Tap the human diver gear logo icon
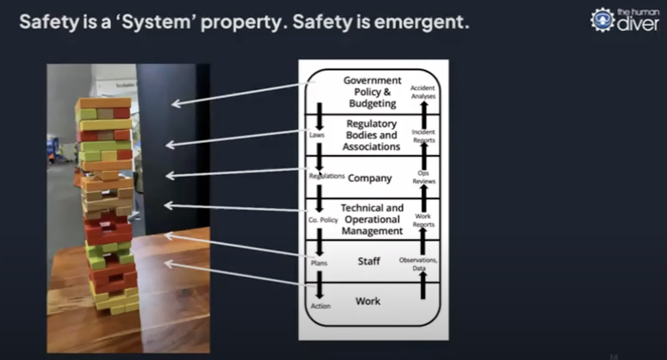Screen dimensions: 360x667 pyautogui.click(x=602, y=20)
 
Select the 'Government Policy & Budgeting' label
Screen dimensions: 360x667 pyautogui.click(x=372, y=92)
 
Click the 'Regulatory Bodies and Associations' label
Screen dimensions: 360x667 pyautogui.click(x=371, y=135)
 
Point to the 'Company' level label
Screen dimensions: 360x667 pyautogui.click(x=370, y=178)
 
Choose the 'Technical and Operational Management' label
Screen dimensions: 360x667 pyautogui.click(x=372, y=219)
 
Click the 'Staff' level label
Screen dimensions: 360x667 pyautogui.click(x=369, y=261)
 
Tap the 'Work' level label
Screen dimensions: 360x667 pyautogui.click(x=368, y=301)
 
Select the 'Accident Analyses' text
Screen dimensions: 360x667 pyautogui.click(x=423, y=92)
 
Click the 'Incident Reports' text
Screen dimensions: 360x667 pyautogui.click(x=423, y=136)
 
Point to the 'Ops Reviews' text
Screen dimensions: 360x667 pyautogui.click(x=423, y=177)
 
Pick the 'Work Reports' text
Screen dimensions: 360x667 pyautogui.click(x=423, y=220)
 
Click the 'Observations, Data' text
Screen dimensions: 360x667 pyautogui.click(x=418, y=264)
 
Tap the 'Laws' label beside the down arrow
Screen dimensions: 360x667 pyautogui.click(x=317, y=135)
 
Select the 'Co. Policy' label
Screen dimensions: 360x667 pyautogui.click(x=323, y=220)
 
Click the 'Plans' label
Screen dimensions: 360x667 pyautogui.click(x=319, y=263)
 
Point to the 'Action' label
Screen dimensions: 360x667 pyautogui.click(x=321, y=306)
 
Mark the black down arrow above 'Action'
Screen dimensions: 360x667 pyautogui.click(x=319, y=284)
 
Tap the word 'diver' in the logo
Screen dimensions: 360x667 pyautogui.click(x=638, y=24)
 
